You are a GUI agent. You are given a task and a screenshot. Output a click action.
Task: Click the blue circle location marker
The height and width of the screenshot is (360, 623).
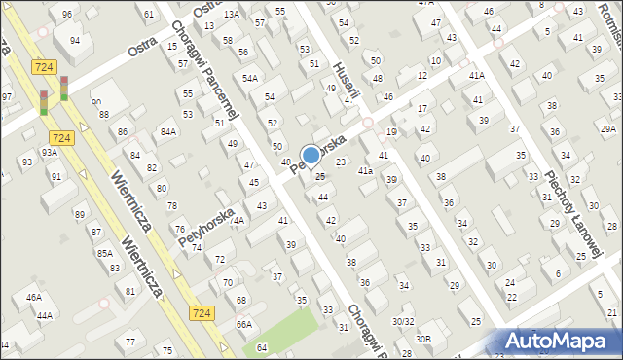[311, 155]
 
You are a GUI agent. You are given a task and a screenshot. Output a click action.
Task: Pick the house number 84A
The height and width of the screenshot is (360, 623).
[168, 131]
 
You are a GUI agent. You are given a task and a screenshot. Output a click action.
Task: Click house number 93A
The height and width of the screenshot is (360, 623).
[50, 152]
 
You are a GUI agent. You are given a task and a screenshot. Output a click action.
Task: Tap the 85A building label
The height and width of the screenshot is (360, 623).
[104, 254]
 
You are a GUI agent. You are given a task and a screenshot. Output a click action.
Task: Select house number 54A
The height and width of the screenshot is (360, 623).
[250, 78]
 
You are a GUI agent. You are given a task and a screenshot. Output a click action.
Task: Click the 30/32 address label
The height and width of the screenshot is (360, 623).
[403, 321]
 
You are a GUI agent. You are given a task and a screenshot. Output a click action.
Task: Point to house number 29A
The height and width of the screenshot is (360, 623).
[607, 129]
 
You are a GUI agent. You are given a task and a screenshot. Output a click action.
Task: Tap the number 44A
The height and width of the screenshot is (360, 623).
[44, 316]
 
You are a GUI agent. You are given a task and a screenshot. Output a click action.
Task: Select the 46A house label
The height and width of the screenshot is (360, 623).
[34, 297]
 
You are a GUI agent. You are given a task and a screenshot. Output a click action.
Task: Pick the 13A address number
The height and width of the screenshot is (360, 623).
[231, 15]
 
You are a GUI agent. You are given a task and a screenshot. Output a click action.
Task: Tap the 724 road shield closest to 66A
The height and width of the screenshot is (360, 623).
[201, 312]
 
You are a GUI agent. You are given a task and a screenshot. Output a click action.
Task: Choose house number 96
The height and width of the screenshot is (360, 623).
[66, 15]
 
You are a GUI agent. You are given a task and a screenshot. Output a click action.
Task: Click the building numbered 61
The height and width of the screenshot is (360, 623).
[149, 15]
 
